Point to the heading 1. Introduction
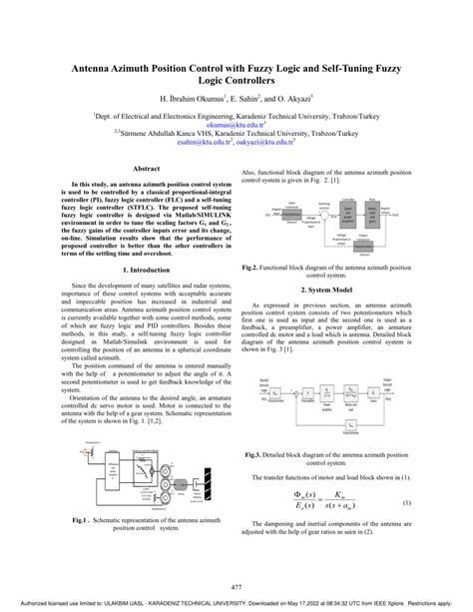146,270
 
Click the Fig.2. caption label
252,269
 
